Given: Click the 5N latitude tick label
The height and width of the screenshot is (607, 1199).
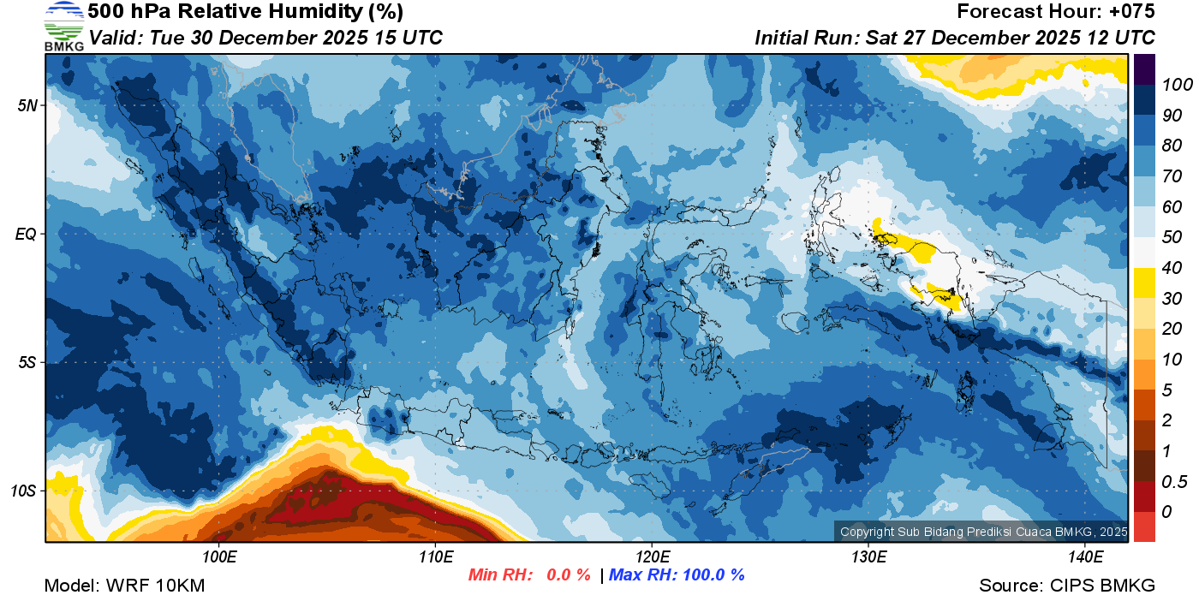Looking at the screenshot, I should click(x=27, y=105).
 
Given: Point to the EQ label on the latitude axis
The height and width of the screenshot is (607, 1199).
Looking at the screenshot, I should click(x=26, y=234).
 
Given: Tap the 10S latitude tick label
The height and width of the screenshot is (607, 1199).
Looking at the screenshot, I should click(x=24, y=491).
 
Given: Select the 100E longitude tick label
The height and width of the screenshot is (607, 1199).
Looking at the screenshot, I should click(x=219, y=556).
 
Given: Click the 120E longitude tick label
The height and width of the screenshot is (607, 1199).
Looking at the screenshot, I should click(x=652, y=556).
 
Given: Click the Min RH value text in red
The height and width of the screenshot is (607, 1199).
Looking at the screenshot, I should click(x=529, y=575).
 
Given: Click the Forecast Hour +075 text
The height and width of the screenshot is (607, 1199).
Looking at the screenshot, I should click(x=1056, y=12).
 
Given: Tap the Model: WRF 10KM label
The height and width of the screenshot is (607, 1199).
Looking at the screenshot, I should click(x=124, y=586).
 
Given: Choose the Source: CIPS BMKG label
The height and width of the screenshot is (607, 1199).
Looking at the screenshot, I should click(x=1067, y=586).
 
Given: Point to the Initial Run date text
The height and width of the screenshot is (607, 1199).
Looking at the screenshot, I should click(x=955, y=38).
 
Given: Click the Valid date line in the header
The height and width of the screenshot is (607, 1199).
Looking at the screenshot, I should click(x=266, y=38).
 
